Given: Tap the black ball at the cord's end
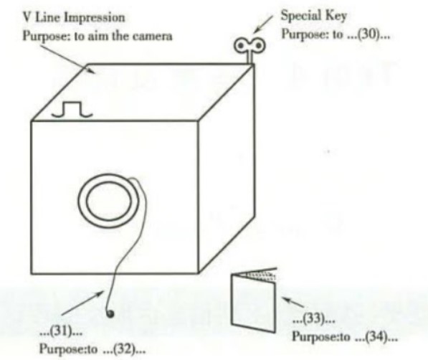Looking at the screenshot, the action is pos(110,314).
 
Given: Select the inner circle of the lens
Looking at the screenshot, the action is pos(108,201).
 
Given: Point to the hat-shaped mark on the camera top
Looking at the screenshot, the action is pos(72,110).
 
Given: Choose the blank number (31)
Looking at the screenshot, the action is pos(61,332).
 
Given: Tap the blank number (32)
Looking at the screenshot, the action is pos(123,349).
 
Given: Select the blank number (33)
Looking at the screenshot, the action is pos(313,318).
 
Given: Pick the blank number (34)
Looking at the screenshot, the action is pos(376,336).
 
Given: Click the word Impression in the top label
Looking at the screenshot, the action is pos(95,18).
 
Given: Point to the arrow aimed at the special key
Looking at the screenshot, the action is pos(262,24).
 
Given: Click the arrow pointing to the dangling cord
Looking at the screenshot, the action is pos(82,303).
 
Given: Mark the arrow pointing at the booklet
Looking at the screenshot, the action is pos(293,302).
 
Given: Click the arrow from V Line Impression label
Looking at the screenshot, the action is pos(67,60).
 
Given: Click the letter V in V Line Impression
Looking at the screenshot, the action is pos(27,18).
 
